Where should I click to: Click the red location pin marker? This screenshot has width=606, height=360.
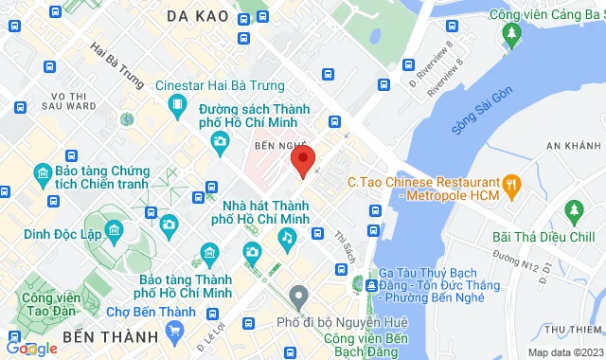(302, 160)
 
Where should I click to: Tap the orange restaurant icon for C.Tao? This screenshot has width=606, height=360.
(512, 181)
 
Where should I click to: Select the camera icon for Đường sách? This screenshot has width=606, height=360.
(221, 143)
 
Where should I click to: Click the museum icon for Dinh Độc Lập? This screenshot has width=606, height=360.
(116, 231)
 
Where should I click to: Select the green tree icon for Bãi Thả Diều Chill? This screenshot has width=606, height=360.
(571, 208)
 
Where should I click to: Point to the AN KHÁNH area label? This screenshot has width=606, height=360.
(574, 146)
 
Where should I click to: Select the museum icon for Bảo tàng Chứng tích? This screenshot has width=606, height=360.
(42, 174)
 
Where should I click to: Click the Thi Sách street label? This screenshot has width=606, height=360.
(344, 249)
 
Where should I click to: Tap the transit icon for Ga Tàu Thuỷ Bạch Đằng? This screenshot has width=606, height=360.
(372, 285)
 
